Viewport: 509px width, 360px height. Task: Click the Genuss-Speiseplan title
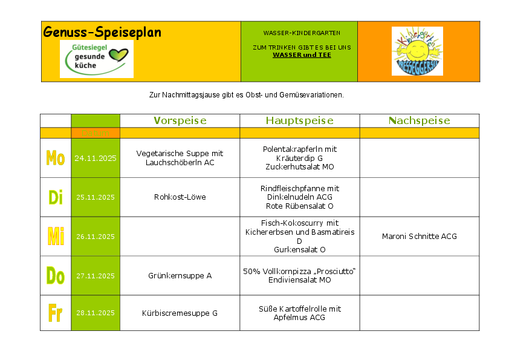coord(102,32)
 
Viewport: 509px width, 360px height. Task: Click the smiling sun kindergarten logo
coord(417,51)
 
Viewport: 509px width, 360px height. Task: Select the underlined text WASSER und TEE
coord(302,55)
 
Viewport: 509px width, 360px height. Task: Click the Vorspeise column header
coord(180,120)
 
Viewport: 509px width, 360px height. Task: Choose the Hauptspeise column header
coord(299,120)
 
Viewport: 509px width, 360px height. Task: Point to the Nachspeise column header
coord(419,120)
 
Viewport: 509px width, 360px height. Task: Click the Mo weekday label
coord(56,158)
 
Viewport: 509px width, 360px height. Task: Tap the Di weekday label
coord(56,197)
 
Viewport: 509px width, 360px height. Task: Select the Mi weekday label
coord(56,237)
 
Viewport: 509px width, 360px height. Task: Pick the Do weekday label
coord(56,276)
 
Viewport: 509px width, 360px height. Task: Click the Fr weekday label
coord(55,313)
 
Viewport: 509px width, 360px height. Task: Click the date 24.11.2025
coord(96,158)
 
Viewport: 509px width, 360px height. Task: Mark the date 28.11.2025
coord(96,313)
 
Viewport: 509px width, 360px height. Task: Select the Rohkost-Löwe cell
coord(180,197)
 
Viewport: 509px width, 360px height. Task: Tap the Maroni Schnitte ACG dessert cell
coord(419,237)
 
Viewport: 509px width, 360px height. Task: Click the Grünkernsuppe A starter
coord(180,276)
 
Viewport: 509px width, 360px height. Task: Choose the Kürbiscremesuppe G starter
coord(180,313)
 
